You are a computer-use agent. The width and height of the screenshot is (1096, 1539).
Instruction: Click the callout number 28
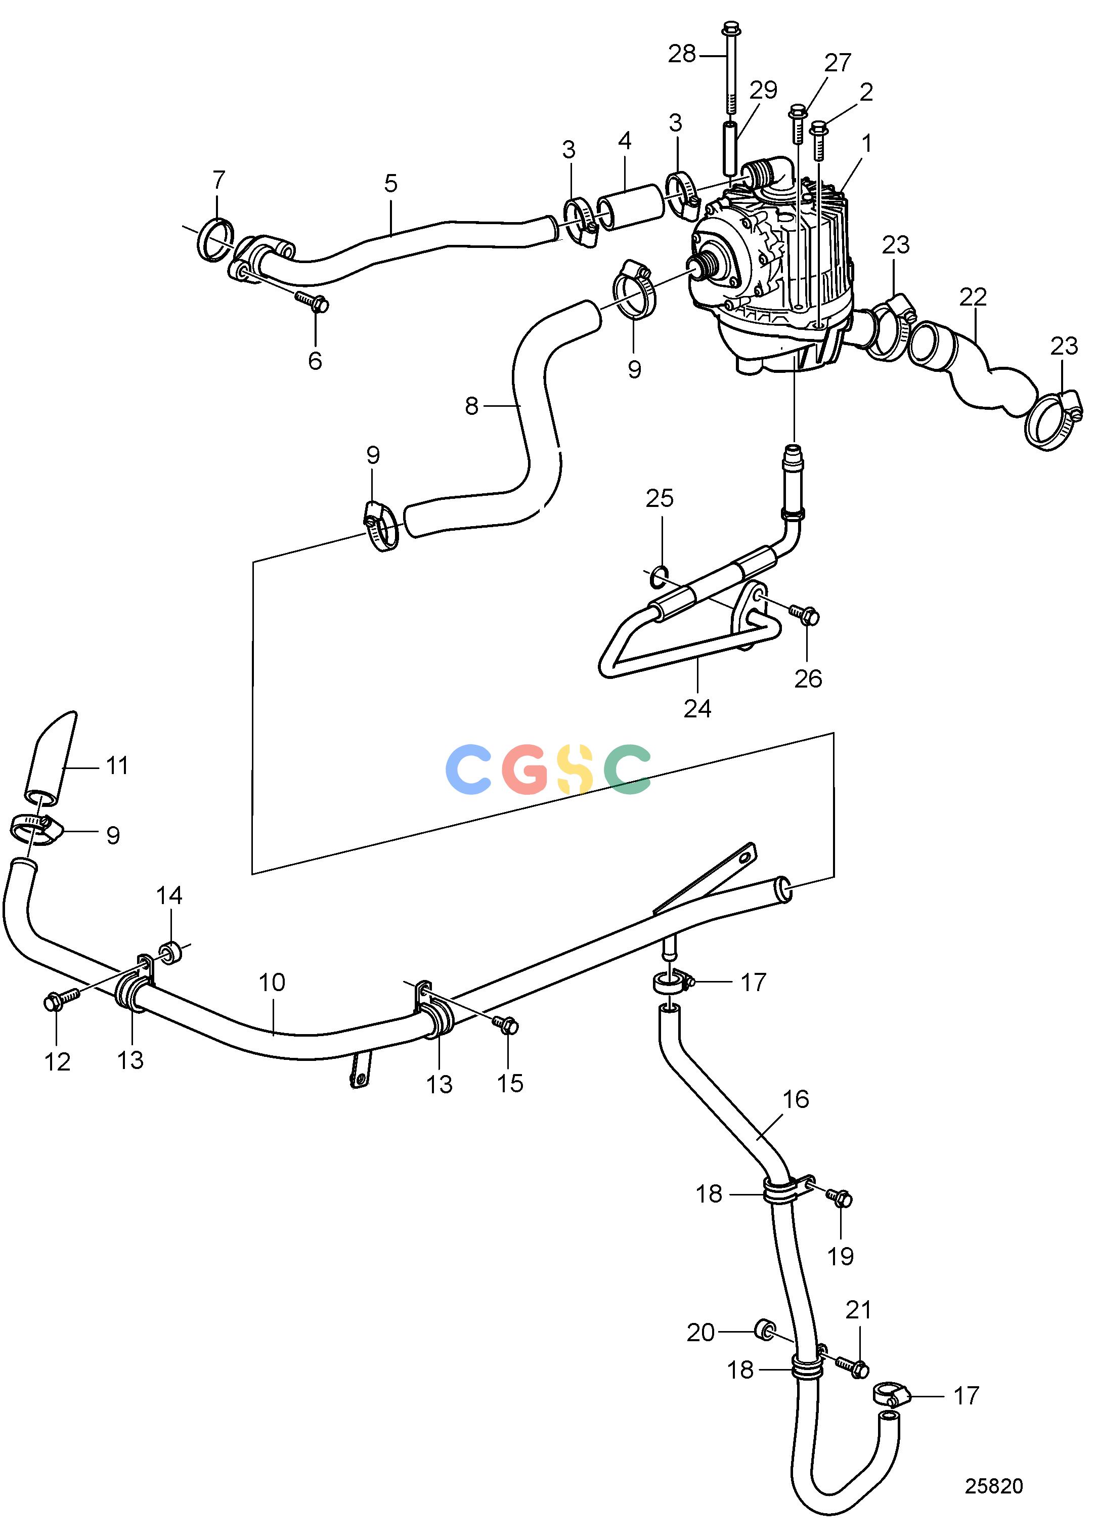click(x=682, y=54)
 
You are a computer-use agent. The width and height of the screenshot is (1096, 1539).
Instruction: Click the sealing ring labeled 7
click(x=216, y=240)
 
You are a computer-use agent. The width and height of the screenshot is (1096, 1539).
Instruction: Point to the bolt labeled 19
click(x=839, y=1198)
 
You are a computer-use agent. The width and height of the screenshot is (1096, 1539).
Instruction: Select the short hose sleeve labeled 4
click(x=631, y=206)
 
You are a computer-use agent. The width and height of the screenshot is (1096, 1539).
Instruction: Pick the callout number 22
click(x=973, y=296)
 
